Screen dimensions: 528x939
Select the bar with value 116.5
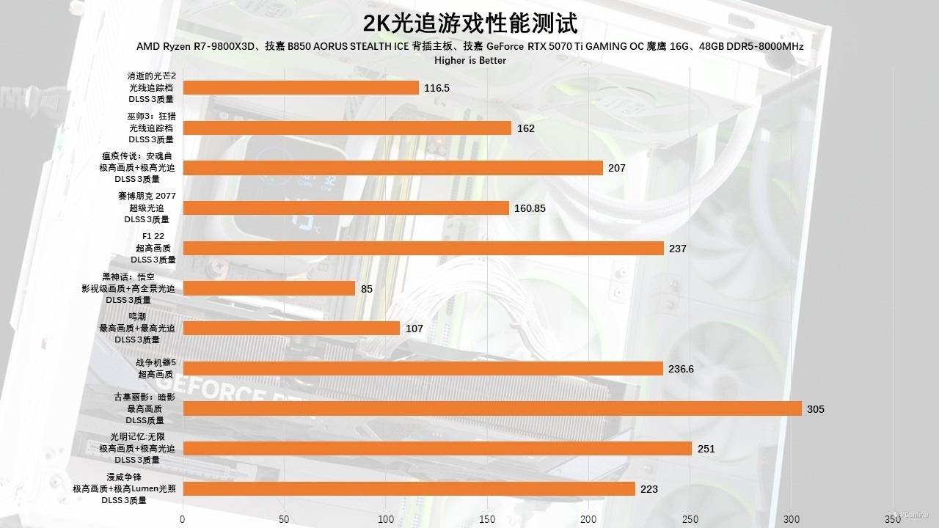[301, 88]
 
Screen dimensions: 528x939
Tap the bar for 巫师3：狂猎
[347, 128]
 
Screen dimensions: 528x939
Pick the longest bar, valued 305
[492, 408]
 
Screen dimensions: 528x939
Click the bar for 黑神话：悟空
[269, 288]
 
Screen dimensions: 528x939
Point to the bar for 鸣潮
[291, 329]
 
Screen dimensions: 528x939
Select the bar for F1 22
[423, 249]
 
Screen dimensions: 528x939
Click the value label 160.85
[530, 208]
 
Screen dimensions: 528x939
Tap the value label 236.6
[681, 369]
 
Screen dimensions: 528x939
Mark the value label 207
[616, 168]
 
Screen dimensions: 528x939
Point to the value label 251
[706, 449]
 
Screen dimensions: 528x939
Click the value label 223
[648, 489]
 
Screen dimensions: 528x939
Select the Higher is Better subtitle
[470, 60]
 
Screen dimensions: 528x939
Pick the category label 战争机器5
[156, 362]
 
